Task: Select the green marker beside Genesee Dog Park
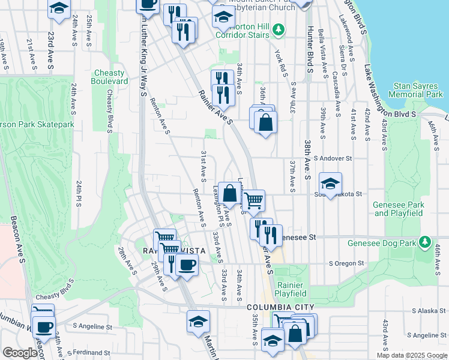click(x=426, y=242)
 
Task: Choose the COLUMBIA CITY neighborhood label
click(x=281, y=307)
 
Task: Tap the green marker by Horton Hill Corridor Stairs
click(x=278, y=29)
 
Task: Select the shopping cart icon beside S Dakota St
click(x=254, y=200)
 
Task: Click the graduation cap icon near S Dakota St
click(x=330, y=183)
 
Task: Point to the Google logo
click(x=20, y=353)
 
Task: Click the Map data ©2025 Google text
click(x=411, y=355)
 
